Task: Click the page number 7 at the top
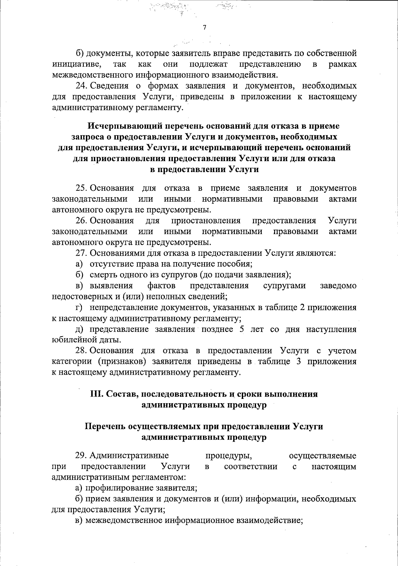pos(204,28)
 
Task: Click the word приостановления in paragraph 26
pos(206,221)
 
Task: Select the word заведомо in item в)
pos(338,286)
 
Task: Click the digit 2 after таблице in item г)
pos(302,308)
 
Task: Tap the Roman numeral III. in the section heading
pos(97,394)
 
